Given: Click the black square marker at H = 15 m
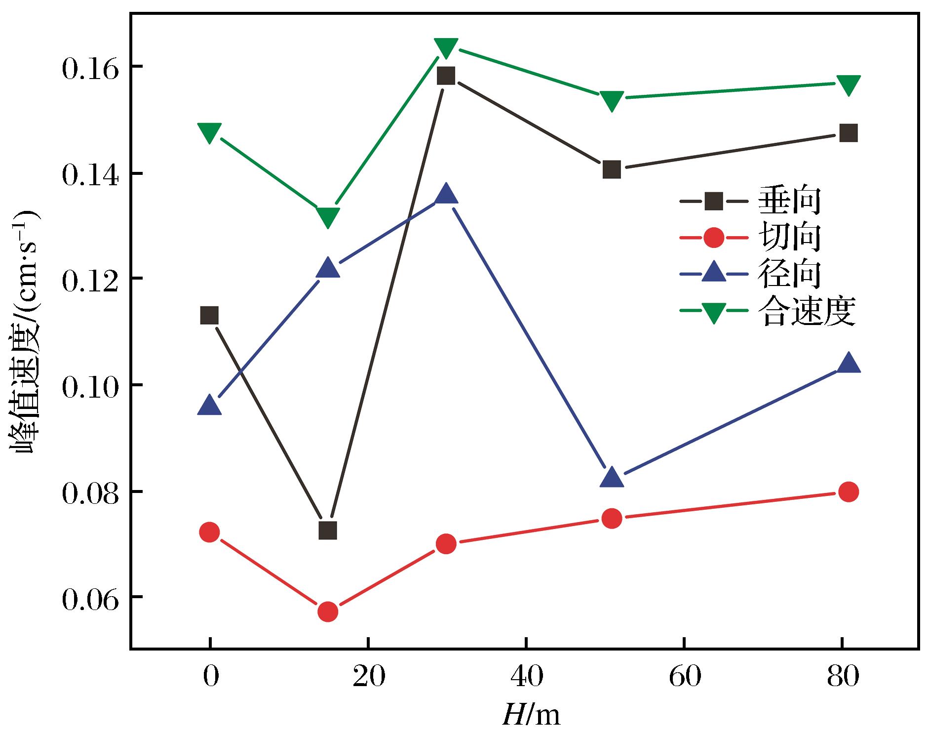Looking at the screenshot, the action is point(328,531).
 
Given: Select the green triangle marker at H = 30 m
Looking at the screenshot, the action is point(446,48).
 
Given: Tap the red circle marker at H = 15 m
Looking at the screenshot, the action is point(328,612).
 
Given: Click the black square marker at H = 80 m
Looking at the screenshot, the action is point(849,133).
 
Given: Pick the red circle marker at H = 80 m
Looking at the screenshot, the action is point(849,491).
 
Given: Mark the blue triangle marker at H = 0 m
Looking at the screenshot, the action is point(209,405).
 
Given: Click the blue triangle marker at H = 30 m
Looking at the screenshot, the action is point(446,193).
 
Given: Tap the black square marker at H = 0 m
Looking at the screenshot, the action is point(209,315).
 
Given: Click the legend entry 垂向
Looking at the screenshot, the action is point(750,201).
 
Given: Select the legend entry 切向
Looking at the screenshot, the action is point(750,238).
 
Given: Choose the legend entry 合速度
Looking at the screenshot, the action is point(768,311).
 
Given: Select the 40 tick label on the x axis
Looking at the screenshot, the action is point(526,677).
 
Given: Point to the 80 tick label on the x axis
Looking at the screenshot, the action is point(842,677).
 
